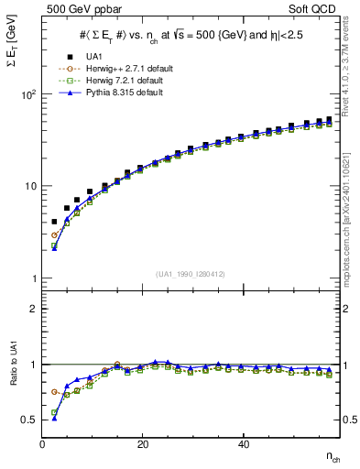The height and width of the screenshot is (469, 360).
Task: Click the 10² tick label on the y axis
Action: (x=28, y=94)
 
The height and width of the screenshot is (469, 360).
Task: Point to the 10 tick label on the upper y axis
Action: (x=30, y=186)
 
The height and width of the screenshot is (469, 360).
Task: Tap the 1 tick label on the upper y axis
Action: (x=33, y=278)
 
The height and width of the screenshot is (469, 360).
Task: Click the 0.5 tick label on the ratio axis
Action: (x=29, y=420)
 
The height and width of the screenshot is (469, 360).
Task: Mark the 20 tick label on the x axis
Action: (x=142, y=444)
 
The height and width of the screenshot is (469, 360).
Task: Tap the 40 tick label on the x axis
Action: (x=243, y=444)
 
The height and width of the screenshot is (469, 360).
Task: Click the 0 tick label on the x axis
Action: (x=43, y=444)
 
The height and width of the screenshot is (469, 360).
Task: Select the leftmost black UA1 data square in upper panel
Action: (x=54, y=222)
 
